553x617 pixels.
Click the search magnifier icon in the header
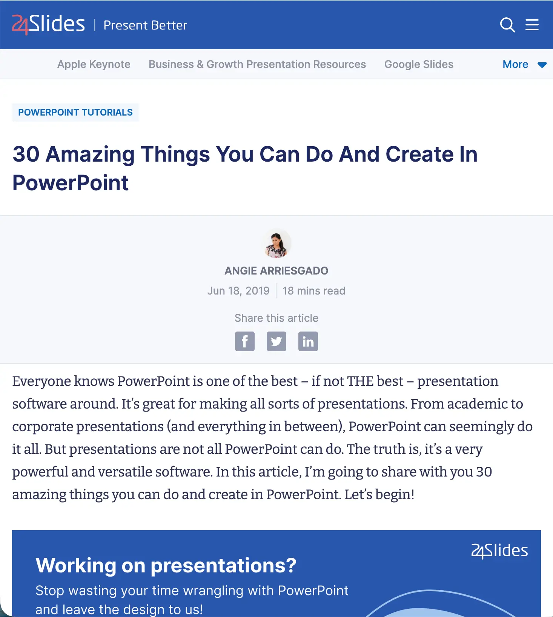(507, 25)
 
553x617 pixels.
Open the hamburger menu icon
(532, 25)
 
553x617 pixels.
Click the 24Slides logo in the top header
(49, 25)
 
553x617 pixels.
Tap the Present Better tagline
(145, 25)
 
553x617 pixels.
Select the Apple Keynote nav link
(94, 64)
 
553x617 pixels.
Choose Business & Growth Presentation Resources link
(257, 64)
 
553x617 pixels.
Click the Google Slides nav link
(419, 64)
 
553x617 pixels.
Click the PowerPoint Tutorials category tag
(75, 113)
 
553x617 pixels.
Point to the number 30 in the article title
(26, 154)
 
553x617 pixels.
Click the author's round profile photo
(276, 244)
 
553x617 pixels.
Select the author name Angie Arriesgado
(276, 271)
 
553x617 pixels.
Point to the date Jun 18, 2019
(238, 291)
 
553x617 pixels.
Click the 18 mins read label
(314, 291)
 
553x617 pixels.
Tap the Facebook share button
(245, 341)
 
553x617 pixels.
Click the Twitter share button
(276, 341)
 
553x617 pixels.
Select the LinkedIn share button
(308, 341)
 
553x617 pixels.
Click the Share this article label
(276, 318)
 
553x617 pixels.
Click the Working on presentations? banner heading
(166, 565)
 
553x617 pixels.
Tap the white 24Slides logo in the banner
(499, 551)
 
